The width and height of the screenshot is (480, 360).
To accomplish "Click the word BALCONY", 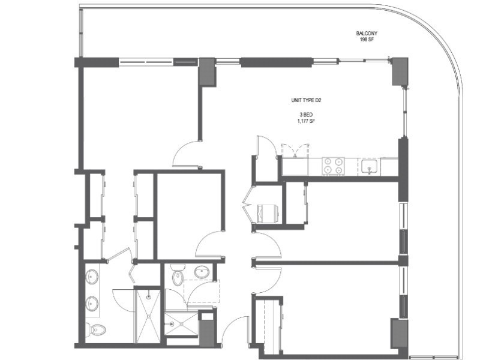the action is click(x=367, y=34).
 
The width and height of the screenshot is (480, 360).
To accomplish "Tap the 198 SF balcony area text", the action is click(x=367, y=40).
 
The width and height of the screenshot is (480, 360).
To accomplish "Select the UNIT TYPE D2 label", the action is click(x=306, y=100).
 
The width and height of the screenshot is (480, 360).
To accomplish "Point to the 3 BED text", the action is click(x=306, y=115).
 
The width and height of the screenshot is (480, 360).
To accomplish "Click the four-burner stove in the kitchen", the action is click(x=333, y=166).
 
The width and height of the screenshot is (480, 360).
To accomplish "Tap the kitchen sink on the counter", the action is click(x=370, y=167).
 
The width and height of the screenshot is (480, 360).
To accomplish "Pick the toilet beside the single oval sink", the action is click(x=178, y=275).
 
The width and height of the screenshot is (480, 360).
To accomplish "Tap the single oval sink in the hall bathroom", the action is click(x=202, y=271).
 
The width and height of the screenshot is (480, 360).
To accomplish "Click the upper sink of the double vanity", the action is click(x=92, y=277).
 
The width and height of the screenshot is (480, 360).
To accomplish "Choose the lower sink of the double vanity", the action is click(x=92, y=304).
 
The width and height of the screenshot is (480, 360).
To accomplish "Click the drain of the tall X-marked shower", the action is click(x=149, y=296).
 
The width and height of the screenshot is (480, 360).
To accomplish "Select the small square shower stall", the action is click(x=181, y=324).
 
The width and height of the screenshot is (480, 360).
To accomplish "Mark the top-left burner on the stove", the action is click(x=328, y=161).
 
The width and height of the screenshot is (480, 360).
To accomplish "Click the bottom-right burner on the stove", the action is click(x=338, y=170).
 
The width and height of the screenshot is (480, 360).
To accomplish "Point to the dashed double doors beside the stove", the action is click(x=295, y=151).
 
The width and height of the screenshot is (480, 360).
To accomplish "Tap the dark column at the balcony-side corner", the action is click(x=400, y=71).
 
